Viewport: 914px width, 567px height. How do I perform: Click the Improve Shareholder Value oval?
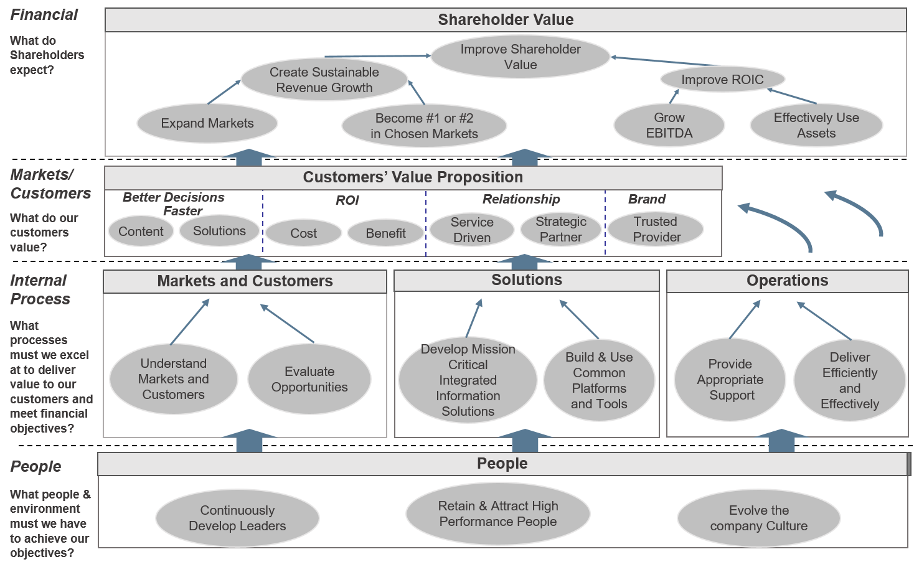[x=520, y=57]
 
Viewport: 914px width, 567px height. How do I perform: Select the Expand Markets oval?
[x=207, y=123]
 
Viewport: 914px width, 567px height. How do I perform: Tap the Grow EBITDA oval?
[x=669, y=125]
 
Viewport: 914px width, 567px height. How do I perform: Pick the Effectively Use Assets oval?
[x=816, y=125]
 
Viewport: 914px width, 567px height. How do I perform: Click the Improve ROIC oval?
[x=722, y=80]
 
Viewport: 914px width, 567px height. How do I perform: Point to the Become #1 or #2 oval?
[x=424, y=126]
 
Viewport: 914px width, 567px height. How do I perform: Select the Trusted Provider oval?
[x=656, y=229]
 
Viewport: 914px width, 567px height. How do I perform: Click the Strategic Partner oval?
[x=560, y=229]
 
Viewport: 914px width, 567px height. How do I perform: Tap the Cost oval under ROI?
[x=303, y=233]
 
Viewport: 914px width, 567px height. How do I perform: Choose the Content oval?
[x=141, y=232]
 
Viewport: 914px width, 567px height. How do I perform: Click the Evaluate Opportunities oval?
[x=309, y=379]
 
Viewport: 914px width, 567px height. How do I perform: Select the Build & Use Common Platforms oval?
[x=598, y=380]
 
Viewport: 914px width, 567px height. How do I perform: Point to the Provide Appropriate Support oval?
[x=730, y=380]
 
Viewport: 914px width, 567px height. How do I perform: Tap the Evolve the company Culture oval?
[x=758, y=518]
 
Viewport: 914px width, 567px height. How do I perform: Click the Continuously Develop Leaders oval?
[x=237, y=518]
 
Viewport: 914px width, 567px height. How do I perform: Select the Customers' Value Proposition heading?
[x=413, y=177]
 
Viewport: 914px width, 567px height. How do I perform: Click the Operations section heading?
[x=787, y=281]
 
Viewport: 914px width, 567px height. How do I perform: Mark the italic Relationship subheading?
[x=521, y=199]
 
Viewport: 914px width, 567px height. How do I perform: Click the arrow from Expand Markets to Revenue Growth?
[x=224, y=92]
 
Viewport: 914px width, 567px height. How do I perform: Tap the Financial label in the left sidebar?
[x=44, y=15]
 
